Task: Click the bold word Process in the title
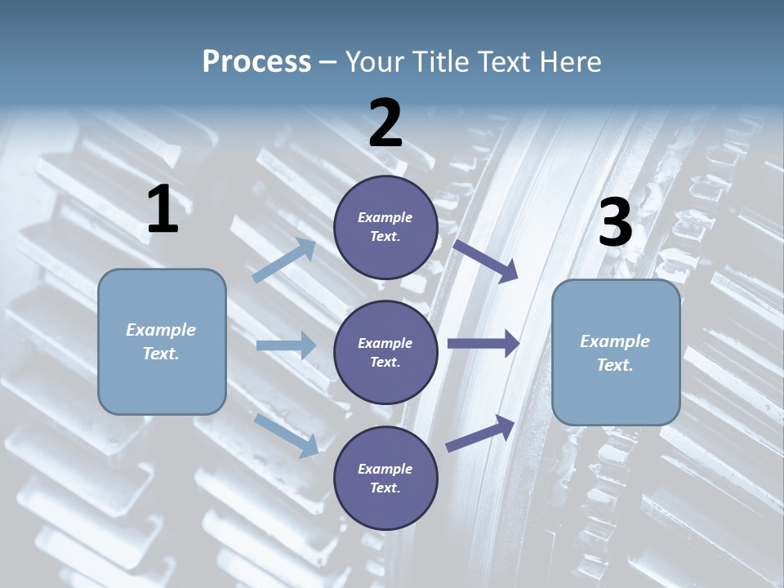click(256, 62)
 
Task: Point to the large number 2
click(385, 123)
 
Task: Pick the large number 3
click(615, 223)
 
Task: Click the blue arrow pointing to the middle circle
click(286, 345)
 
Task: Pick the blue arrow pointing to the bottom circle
click(287, 435)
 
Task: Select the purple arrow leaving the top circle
click(486, 261)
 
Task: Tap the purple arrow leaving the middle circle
click(483, 344)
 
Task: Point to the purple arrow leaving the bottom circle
click(480, 434)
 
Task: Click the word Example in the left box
click(161, 330)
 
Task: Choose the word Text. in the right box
click(615, 366)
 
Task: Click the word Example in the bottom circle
click(385, 469)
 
